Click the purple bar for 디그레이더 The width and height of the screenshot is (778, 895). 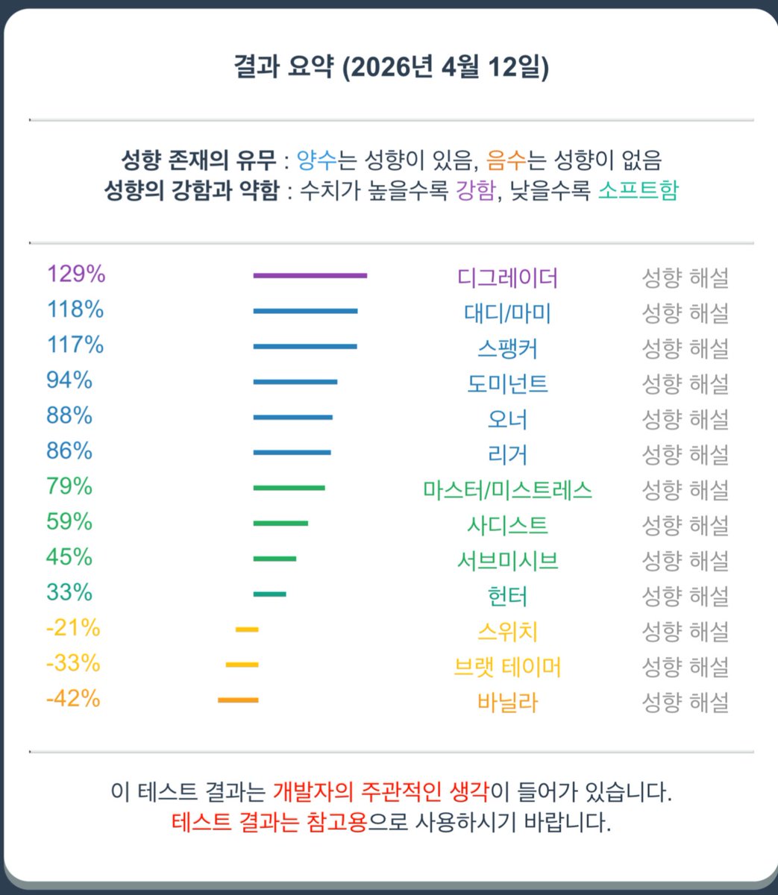pyautogui.click(x=310, y=276)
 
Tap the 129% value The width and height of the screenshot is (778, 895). pyautogui.click(x=76, y=274)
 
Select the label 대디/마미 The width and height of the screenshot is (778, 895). pyautogui.click(x=507, y=313)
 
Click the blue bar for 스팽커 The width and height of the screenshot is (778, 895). pyautogui.click(x=305, y=347)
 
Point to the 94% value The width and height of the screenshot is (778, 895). pyautogui.click(x=69, y=380)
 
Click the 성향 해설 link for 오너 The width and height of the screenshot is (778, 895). pyautogui.click(x=685, y=419)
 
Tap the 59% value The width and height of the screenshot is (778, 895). pyautogui.click(x=69, y=522)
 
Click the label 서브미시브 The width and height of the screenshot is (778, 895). pyautogui.click(x=507, y=561)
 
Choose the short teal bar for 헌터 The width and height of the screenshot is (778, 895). pyautogui.click(x=269, y=594)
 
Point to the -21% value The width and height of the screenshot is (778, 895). pyautogui.click(x=73, y=629)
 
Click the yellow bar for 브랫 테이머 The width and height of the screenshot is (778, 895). pyautogui.click(x=242, y=665)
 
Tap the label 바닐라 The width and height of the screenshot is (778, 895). pyautogui.click(x=507, y=703)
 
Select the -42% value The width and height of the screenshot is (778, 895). pyautogui.click(x=73, y=700)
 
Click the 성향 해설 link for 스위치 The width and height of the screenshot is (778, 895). pyautogui.click(x=685, y=632)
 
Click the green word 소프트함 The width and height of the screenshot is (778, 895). pyautogui.click(x=638, y=191)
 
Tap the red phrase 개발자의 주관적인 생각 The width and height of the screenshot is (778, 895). pyautogui.click(x=381, y=791)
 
